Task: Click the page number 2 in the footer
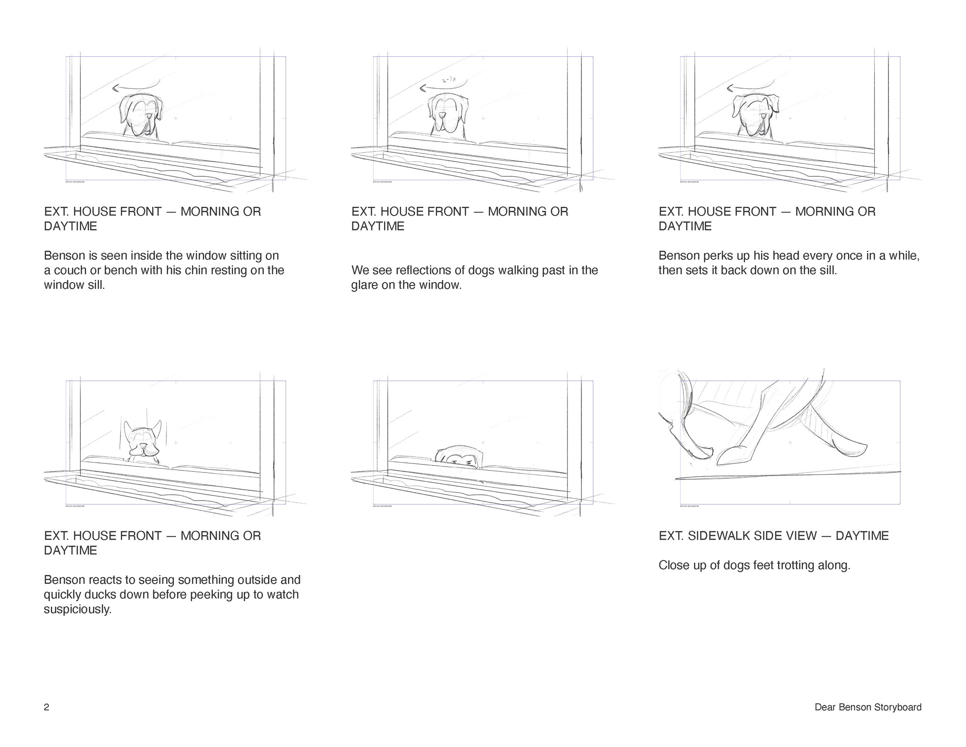(46, 707)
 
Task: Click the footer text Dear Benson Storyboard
(868, 707)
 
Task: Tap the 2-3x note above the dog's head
(449, 80)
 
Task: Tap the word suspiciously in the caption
(77, 609)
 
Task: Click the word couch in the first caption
(70, 270)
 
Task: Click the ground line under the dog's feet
(787, 475)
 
